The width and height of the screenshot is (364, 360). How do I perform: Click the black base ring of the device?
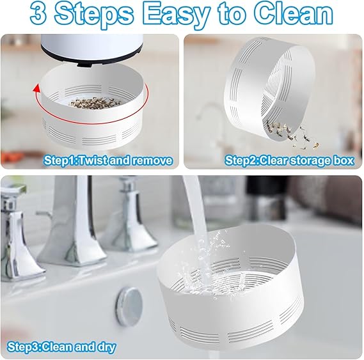tap(93, 62)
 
